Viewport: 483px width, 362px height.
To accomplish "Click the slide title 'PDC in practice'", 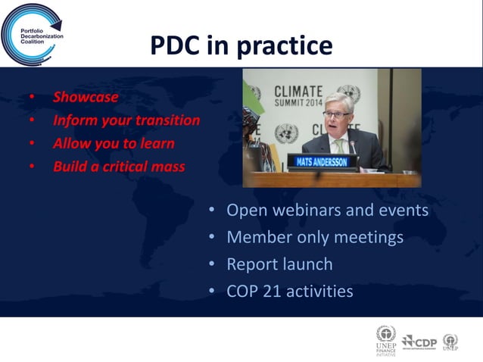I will pyautogui.click(x=241, y=45).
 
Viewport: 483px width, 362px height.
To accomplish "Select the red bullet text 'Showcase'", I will pyautogui.click(x=85, y=97).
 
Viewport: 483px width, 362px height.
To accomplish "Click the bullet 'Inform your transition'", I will pyautogui.click(x=126, y=120).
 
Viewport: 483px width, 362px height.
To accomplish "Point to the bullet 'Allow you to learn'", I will pyautogui.click(x=113, y=143).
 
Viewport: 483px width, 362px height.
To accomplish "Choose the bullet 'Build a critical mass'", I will pyautogui.click(x=118, y=167).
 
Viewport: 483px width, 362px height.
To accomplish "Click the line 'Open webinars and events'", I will pyautogui.click(x=327, y=210).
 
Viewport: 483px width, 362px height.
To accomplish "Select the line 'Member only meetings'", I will pyautogui.click(x=314, y=237).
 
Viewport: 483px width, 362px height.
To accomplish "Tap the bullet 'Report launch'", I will pyautogui.click(x=279, y=264).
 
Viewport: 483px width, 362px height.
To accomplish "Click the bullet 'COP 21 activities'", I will pyautogui.click(x=289, y=291).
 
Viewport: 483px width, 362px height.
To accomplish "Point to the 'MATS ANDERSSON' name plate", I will pyautogui.click(x=322, y=161).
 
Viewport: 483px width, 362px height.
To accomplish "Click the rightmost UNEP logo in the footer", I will pyautogui.click(x=450, y=342).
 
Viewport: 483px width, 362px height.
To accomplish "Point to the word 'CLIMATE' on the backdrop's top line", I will pyautogui.click(x=298, y=91).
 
